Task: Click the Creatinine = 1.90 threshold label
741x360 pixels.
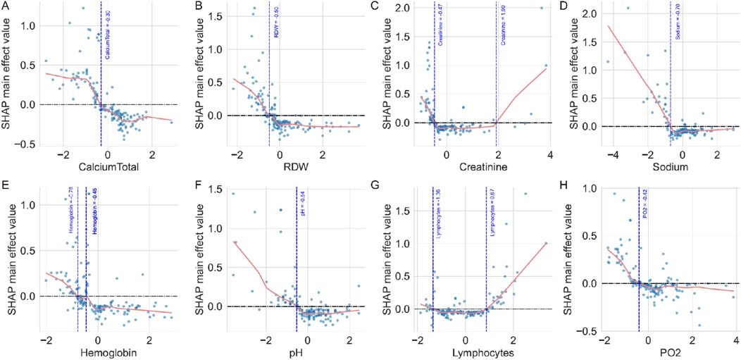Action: [x=503, y=46]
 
